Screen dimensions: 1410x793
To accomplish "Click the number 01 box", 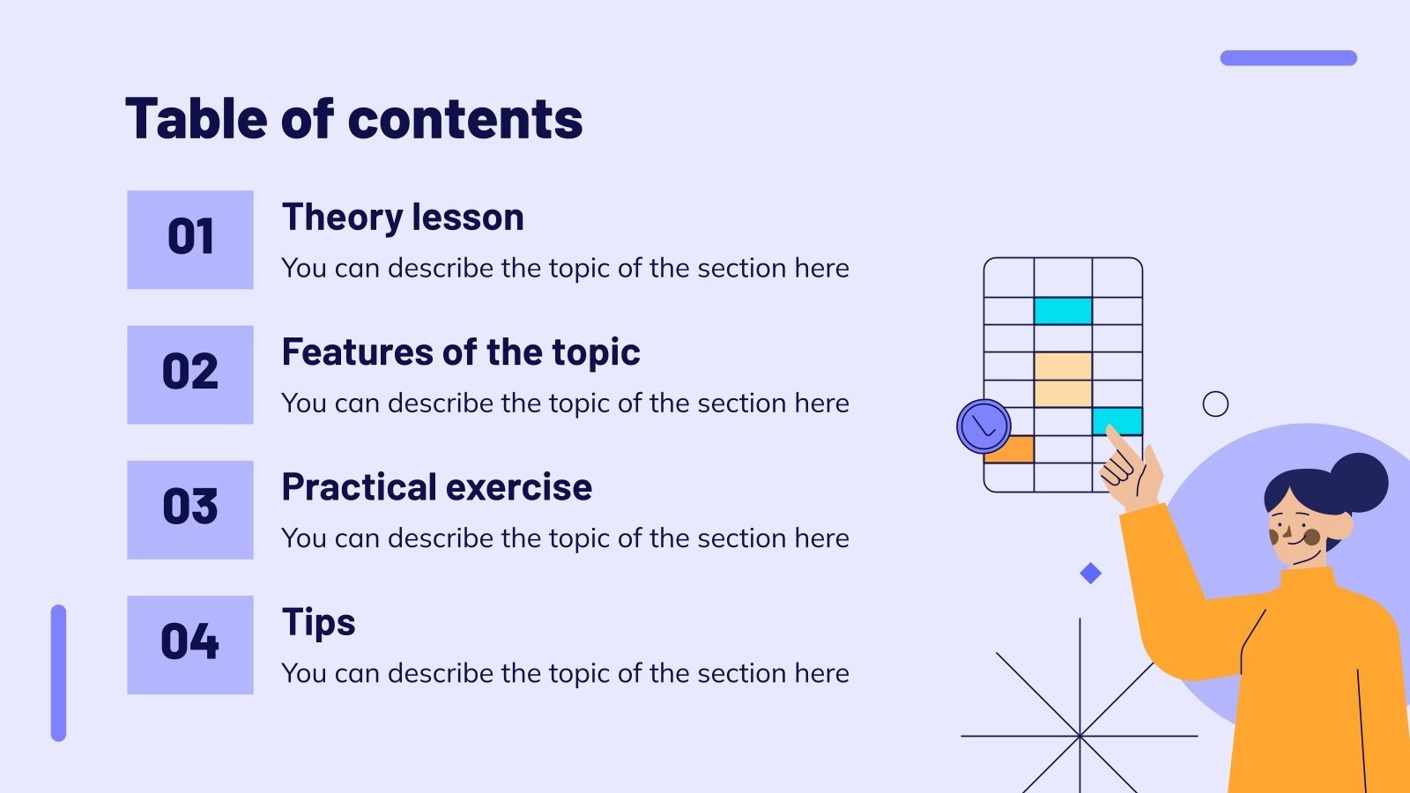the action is click(x=190, y=240).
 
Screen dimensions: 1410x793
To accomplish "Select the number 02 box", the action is click(x=190, y=374).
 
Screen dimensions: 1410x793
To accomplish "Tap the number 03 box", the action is click(x=190, y=510).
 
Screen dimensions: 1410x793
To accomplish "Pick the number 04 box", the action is click(x=190, y=645).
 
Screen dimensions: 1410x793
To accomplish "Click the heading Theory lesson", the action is click(x=403, y=218).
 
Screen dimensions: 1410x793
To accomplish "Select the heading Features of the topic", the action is click(x=461, y=352).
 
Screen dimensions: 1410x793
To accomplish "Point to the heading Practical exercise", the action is click(x=437, y=487).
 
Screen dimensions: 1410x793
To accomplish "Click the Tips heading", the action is click(x=318, y=623).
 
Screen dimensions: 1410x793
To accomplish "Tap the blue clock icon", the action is click(x=983, y=426).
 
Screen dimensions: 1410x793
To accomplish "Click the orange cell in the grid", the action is click(x=1008, y=449).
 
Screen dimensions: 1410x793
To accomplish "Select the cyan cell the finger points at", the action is click(x=1117, y=421).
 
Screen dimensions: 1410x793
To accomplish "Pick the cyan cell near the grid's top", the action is click(x=1063, y=311).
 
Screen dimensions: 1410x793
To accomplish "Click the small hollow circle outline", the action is click(x=1215, y=404).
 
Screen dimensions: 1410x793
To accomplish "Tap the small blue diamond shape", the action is click(x=1091, y=574).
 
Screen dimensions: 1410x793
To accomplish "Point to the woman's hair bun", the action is click(x=1358, y=482).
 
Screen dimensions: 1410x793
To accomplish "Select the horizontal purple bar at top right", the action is click(x=1288, y=58).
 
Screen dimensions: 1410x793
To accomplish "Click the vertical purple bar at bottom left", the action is click(x=58, y=673).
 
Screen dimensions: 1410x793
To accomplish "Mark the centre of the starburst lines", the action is click(x=1080, y=736).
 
